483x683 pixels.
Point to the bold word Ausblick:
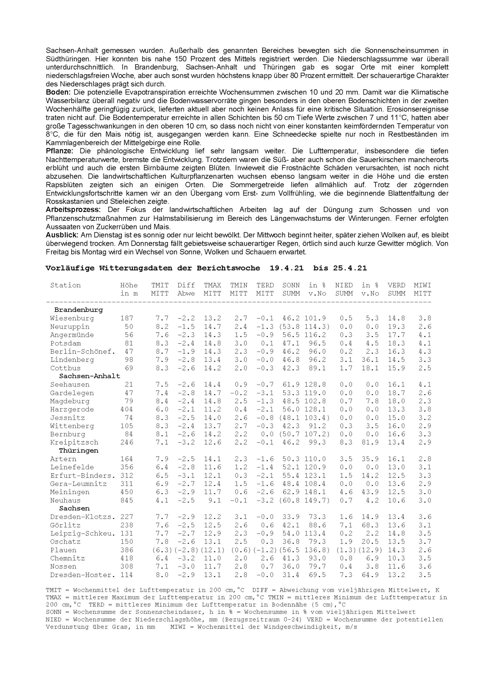coord(62,235)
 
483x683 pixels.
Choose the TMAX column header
coord(212,285)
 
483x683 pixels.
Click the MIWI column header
coord(422,285)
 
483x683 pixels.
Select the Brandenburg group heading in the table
coord(78,310)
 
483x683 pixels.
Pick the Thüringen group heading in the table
coord(78,451)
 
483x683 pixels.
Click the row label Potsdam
coord(65,343)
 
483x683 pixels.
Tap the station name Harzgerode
coord(72,409)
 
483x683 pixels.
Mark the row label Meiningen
coord(70,492)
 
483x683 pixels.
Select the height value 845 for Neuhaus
coord(127,500)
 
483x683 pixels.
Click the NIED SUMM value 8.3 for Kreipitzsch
coord(346,442)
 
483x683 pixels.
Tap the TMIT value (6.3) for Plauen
coord(160,550)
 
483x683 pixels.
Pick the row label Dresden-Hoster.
coord(83,575)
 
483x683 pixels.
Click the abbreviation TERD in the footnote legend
coord(96,605)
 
